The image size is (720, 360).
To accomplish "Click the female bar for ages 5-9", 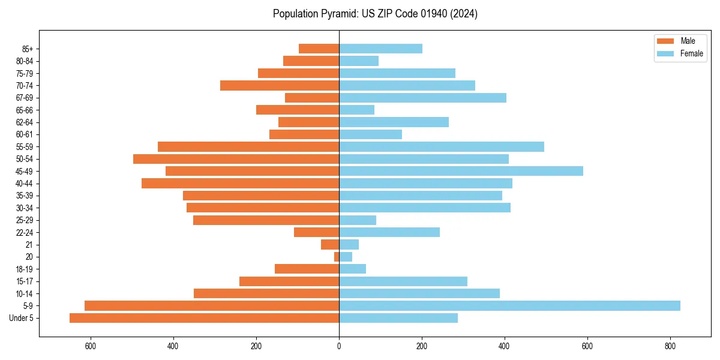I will (509, 305).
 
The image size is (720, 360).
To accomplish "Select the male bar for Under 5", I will (204, 318).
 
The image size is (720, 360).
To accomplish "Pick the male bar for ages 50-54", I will (236, 159).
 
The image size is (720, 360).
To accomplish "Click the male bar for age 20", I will (337, 257).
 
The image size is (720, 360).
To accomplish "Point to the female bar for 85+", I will (380, 49).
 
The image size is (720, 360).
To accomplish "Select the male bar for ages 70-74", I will (280, 85).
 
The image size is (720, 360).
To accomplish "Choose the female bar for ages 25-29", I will (358, 220).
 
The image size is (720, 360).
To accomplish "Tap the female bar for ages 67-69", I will (422, 98).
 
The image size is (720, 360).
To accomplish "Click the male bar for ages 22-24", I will (316, 232).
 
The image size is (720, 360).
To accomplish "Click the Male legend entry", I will (688, 41).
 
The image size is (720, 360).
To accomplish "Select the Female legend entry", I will (691, 53).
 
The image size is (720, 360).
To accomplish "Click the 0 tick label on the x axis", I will (339, 346).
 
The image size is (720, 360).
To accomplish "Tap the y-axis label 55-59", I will (25, 147).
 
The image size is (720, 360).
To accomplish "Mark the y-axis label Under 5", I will (22, 318).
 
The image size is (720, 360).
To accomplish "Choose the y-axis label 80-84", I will (25, 61).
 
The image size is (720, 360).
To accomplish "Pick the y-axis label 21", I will (29, 245).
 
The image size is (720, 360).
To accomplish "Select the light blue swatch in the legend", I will (665, 53).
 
